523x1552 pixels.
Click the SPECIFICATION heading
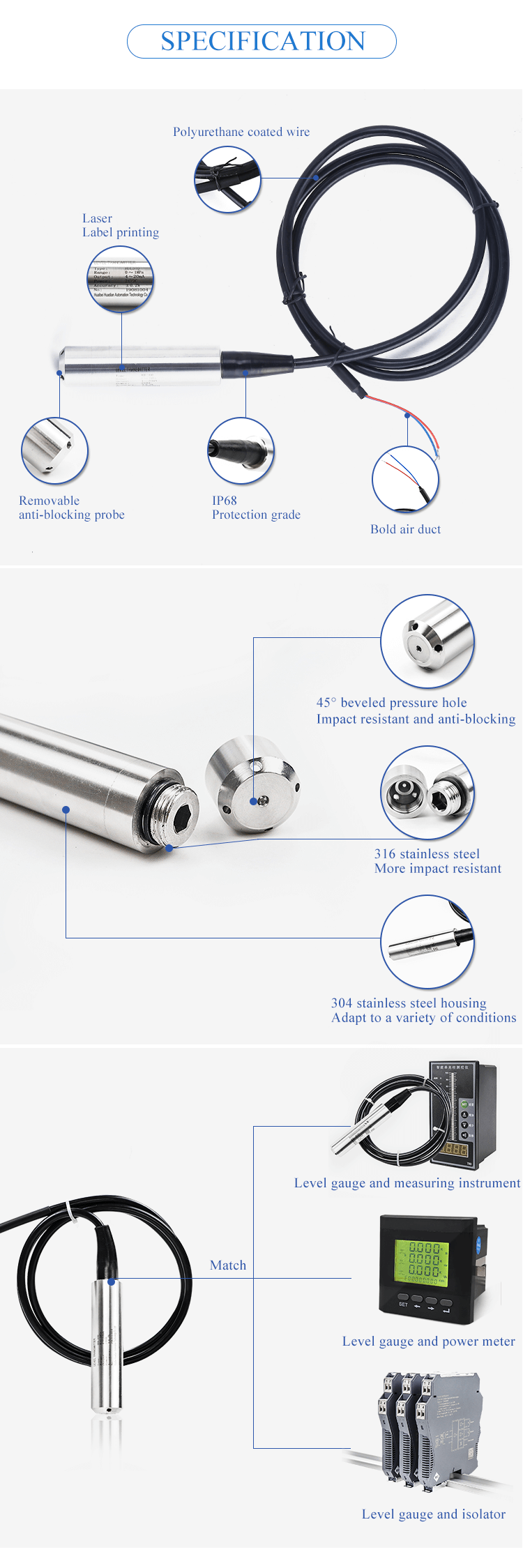[x=262, y=41]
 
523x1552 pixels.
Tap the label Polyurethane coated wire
[x=241, y=132]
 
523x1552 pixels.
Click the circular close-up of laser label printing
[x=121, y=279]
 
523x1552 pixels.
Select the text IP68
[x=225, y=501]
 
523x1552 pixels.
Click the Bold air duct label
[x=405, y=529]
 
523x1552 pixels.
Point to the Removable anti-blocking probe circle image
[x=54, y=451]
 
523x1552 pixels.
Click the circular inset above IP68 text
[x=241, y=451]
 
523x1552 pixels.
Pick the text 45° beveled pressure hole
[x=391, y=703]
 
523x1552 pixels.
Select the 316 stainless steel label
[x=427, y=854]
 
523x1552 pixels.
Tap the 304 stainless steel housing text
[x=409, y=1003]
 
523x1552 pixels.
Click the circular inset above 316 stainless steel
[x=427, y=793]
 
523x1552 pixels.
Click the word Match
[x=228, y=1265]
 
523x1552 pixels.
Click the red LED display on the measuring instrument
[x=455, y=1149]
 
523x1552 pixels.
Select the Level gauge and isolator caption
[x=433, y=1514]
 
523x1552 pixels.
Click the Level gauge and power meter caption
[x=428, y=1341]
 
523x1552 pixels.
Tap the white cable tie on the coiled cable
[x=70, y=1211]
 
